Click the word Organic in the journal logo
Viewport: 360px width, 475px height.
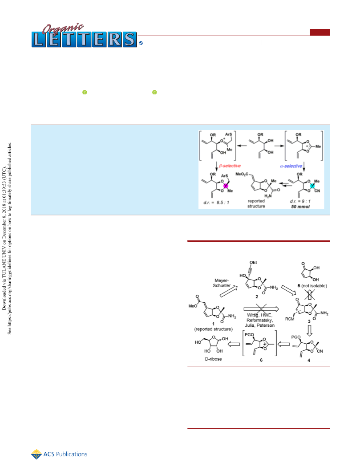[63, 28]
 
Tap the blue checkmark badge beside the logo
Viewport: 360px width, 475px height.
[141, 43]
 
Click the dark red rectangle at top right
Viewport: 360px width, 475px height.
[320, 32]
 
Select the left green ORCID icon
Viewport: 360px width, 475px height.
[85, 92]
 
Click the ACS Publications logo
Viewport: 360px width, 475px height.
[59, 454]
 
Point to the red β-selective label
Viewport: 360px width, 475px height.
[230, 166]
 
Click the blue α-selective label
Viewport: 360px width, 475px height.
[291, 166]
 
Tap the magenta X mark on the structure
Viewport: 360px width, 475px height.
[226, 186]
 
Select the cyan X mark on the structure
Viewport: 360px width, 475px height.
[312, 186]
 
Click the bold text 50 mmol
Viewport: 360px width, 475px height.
[300, 207]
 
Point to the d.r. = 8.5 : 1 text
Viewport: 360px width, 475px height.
[216, 203]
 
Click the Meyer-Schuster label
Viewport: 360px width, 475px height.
[222, 283]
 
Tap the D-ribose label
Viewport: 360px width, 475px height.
[214, 359]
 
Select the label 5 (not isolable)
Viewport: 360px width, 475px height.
[312, 286]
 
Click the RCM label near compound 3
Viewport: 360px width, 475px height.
[290, 319]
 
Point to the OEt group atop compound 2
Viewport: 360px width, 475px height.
[253, 262]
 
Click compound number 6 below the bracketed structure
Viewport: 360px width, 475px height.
[261, 360]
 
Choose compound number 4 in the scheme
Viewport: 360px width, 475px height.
[309, 360]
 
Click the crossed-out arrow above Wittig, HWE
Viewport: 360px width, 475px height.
[261, 309]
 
